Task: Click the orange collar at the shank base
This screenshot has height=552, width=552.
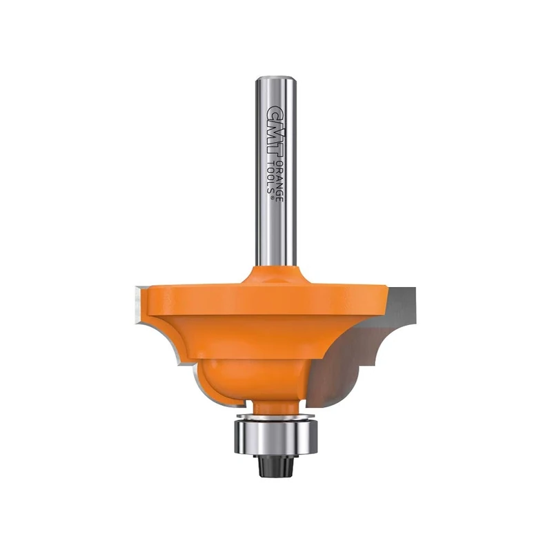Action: click(277, 273)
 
